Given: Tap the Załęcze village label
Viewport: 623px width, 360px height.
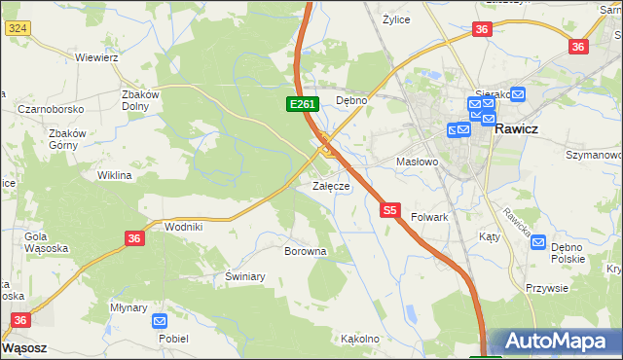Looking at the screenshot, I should pos(330,186).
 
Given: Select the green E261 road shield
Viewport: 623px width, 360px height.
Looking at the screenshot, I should pos(300,104).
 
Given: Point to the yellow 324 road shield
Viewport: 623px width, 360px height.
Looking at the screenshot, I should pos(16,28).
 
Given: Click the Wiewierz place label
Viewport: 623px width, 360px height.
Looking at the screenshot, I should pos(96,57).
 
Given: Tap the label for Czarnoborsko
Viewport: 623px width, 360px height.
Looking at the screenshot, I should pos(50,109).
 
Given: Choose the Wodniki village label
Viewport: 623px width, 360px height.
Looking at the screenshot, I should pos(183,226).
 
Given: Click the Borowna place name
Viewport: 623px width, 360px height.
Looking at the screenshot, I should pos(305,251).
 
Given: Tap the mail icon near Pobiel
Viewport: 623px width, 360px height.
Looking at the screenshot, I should pos(160,320).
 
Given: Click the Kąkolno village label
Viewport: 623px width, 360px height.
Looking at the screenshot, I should pos(359,340).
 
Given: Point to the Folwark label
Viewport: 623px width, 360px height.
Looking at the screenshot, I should pos(429,217).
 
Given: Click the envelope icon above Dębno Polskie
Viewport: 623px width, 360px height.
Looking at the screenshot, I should pos(538,242).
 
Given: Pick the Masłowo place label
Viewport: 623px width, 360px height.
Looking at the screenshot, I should pos(418,162).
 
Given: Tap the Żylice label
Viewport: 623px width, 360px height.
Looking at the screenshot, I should pos(396,18).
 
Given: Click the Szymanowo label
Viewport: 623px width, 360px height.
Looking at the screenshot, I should pos(594,155).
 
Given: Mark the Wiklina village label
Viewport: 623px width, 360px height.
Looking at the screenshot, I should pos(114,176).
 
